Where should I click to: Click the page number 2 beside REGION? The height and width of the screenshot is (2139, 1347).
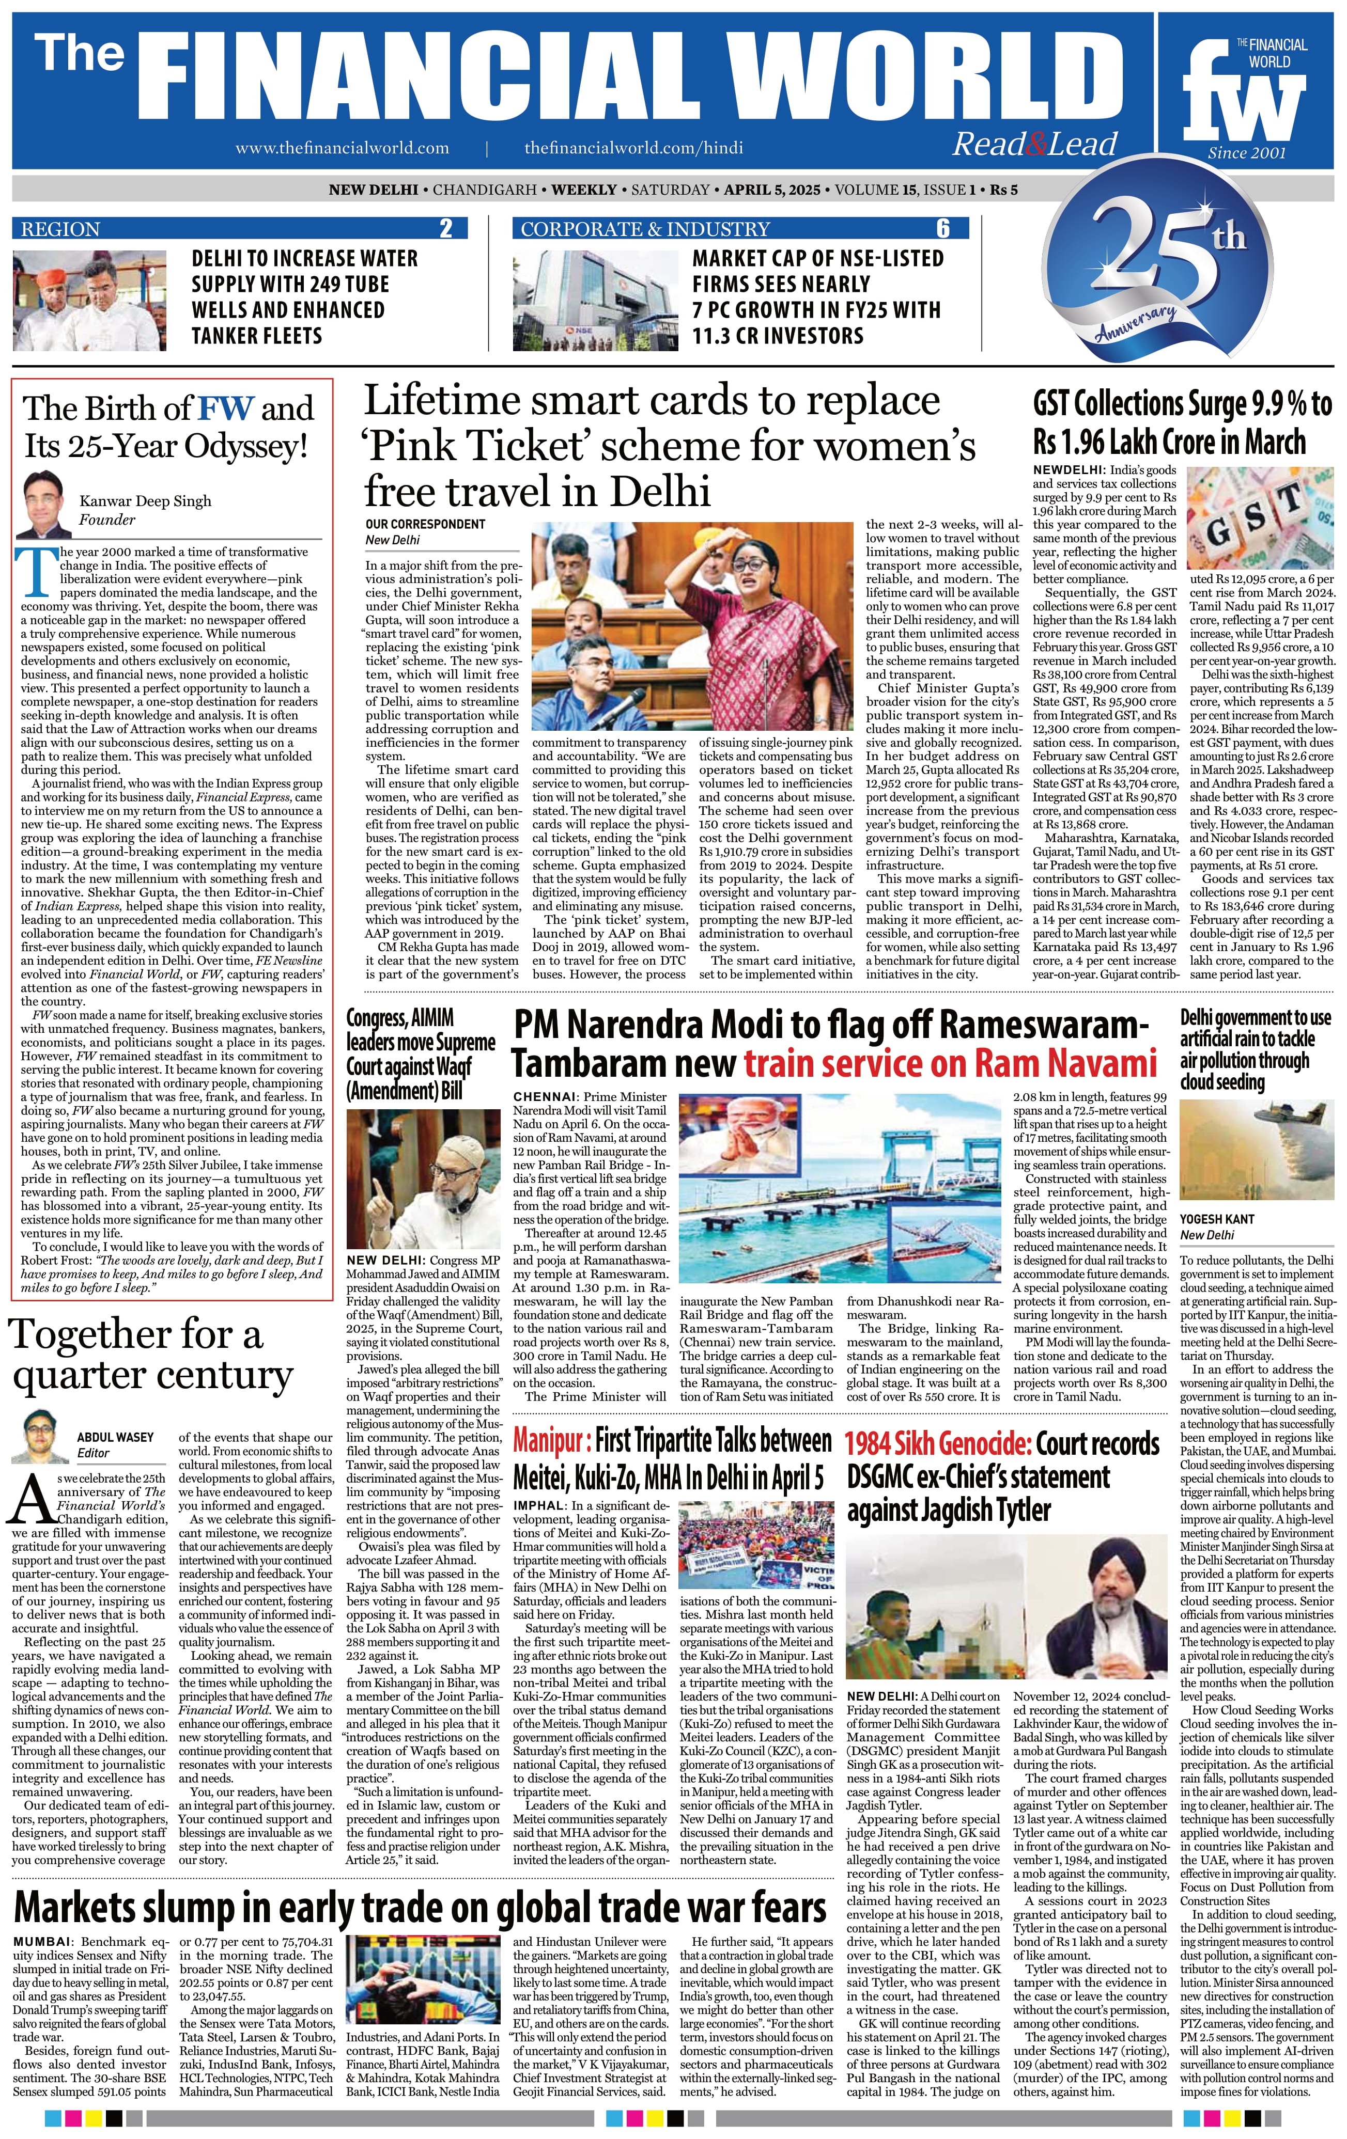[x=446, y=229]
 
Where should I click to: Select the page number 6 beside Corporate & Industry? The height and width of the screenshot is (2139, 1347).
[x=943, y=229]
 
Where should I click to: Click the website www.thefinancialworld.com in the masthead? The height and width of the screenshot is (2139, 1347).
[x=342, y=148]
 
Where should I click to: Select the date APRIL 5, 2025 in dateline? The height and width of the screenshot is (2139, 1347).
[x=771, y=190]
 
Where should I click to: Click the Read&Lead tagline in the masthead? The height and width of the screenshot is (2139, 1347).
[x=1034, y=144]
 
